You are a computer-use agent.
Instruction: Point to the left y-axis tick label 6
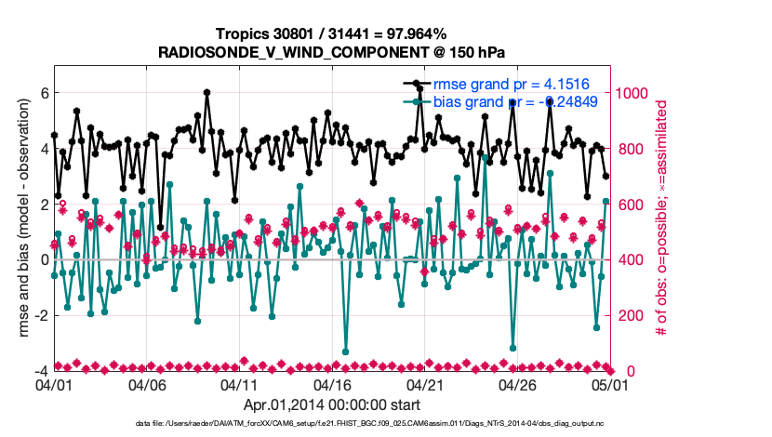coord(42,93)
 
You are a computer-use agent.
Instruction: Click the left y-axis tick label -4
coord(39,371)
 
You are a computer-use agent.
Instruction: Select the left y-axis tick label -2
coord(39,315)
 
